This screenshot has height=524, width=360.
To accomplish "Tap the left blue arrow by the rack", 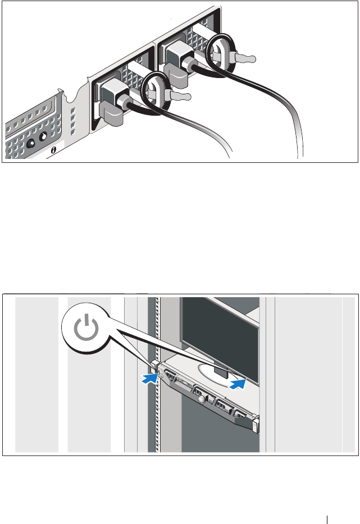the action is click(x=148, y=379).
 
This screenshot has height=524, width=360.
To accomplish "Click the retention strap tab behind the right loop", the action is click(x=243, y=58).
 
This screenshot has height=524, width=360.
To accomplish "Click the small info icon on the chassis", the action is click(x=53, y=150).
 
